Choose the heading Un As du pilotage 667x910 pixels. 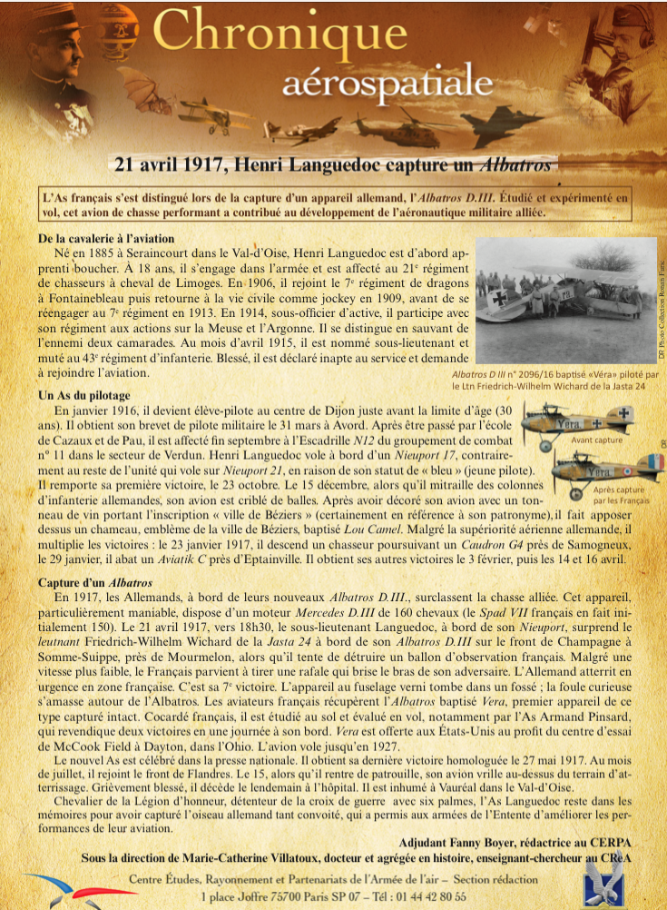pos(84,395)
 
